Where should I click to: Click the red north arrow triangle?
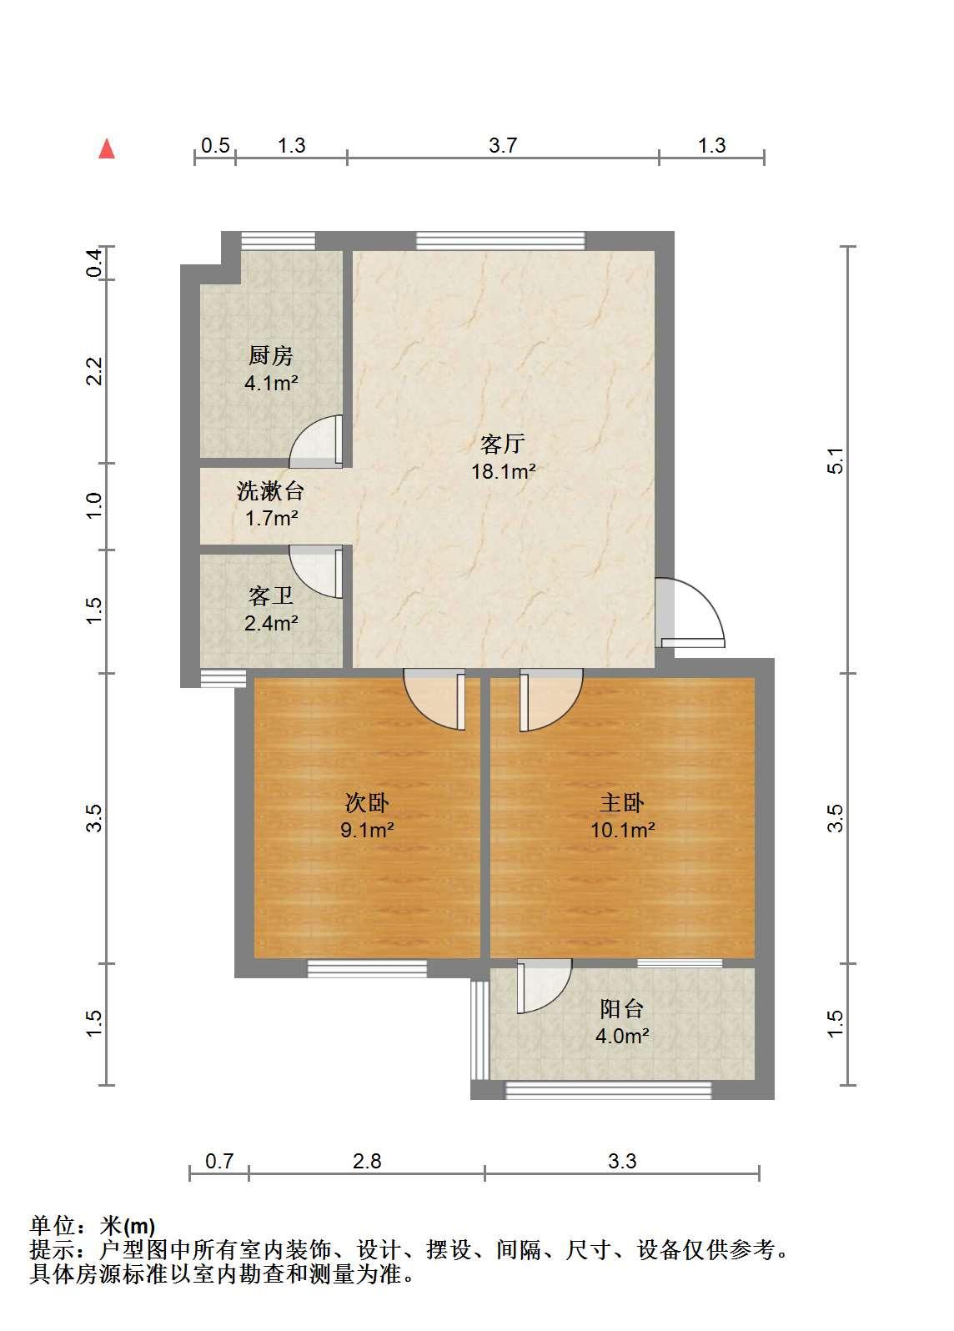coord(107,148)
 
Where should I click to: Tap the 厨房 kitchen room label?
coord(271,355)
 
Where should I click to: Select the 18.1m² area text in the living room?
coord(504,471)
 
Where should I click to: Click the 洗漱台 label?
coord(271,491)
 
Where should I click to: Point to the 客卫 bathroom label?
coord(271,595)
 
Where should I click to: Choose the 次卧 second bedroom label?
coord(367,802)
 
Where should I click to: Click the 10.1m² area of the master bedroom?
coord(623,830)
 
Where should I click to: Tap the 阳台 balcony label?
coord(622,1008)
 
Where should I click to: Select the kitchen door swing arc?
coord(303,429)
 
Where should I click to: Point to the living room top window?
coord(500,241)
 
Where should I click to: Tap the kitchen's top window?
coord(278,241)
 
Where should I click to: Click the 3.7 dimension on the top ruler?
coord(503,146)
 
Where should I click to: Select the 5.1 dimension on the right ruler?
coord(835,460)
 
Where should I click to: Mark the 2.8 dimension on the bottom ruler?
coord(367,1161)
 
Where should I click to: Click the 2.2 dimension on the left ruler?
coord(94,371)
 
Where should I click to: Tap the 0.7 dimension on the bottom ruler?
coord(219,1161)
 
